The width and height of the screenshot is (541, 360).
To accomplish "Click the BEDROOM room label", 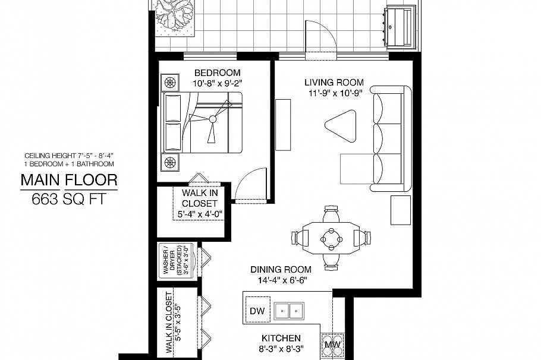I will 215,72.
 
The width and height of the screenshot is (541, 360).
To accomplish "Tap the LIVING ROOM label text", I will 334,83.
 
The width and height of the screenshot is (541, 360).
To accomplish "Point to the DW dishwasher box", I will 257,311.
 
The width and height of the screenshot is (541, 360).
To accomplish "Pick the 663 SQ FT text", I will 69,200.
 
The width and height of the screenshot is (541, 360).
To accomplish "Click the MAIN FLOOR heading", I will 69,179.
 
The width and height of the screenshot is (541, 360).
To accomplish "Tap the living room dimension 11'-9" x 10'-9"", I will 334,93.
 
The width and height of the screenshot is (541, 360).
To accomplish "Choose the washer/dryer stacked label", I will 175,260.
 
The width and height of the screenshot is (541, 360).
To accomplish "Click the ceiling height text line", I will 69,156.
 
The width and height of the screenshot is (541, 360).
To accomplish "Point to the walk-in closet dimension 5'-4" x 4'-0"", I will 200,214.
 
